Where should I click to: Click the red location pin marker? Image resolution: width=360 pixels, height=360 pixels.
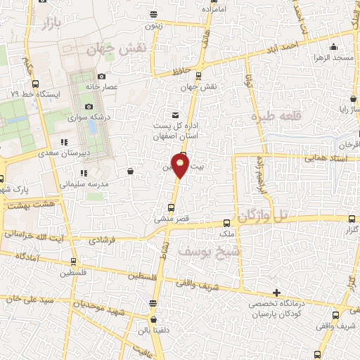pos(180,166)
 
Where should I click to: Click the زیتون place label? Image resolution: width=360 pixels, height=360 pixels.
pos(154,26)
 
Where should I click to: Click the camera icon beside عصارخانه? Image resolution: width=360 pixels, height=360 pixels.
pos(102,76)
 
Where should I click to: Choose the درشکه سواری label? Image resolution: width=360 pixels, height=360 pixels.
pos(87,118)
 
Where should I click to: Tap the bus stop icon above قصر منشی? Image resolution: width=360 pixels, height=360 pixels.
pos(172,207)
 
